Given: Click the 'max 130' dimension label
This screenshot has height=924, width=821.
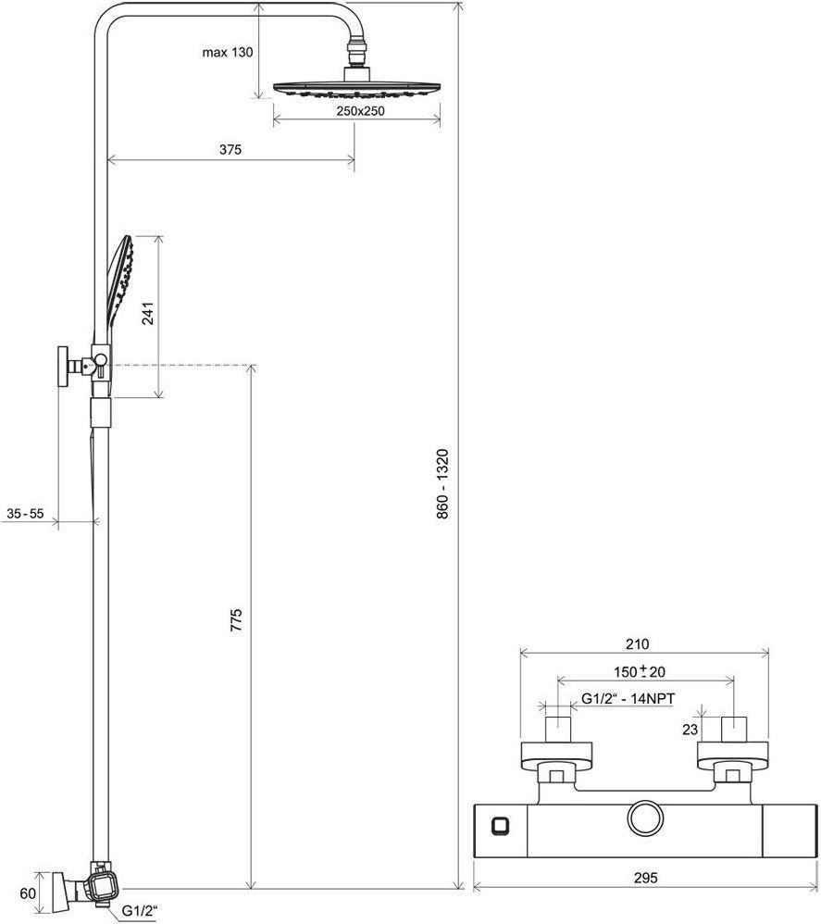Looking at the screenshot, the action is [228, 53].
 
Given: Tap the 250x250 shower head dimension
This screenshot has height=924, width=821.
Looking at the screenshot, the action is [360, 111].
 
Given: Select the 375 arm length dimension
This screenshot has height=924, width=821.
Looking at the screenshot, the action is [230, 150].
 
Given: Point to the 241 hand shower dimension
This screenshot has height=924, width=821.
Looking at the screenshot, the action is [148, 313].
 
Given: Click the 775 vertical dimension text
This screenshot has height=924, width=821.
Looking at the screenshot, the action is [236, 620].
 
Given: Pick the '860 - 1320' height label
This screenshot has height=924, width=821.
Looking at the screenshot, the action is [442, 484].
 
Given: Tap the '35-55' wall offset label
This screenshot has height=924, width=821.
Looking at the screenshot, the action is [25, 513].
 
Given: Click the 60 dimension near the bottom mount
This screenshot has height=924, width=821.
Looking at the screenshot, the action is [28, 893].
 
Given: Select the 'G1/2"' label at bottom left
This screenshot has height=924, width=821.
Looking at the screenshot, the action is [140, 910].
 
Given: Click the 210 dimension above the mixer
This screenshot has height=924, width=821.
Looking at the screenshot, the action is [637, 644].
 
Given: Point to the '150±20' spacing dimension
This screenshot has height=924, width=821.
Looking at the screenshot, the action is [640, 671].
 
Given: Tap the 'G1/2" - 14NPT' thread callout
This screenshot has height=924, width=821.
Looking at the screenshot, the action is [628, 699].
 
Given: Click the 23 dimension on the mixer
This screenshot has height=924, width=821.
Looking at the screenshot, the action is [690, 730].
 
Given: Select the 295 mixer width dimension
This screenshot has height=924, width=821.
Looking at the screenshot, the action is [646, 878].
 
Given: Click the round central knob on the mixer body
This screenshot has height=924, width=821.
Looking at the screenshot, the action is [645, 819].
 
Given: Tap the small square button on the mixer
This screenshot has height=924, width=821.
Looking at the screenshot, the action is [500, 826].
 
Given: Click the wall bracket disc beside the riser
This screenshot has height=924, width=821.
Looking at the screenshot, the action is [63, 367].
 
